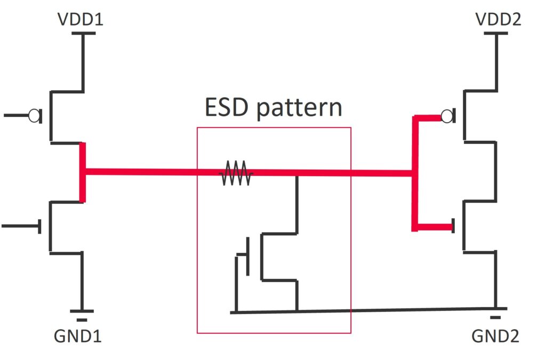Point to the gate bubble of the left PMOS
(x=35, y=115)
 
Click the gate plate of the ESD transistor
(x=248, y=257)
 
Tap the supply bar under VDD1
(x=83, y=34)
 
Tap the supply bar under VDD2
(x=496, y=34)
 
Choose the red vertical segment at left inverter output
(x=83, y=172)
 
